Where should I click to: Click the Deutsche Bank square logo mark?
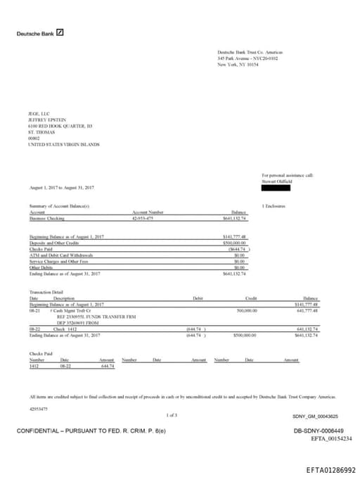click(60, 32)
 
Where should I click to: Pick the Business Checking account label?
click(46, 218)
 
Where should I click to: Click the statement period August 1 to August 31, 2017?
click(62, 189)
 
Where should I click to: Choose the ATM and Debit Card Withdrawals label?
click(60, 255)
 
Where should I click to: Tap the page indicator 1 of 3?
click(172, 415)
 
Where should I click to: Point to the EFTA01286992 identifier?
click(330, 469)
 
